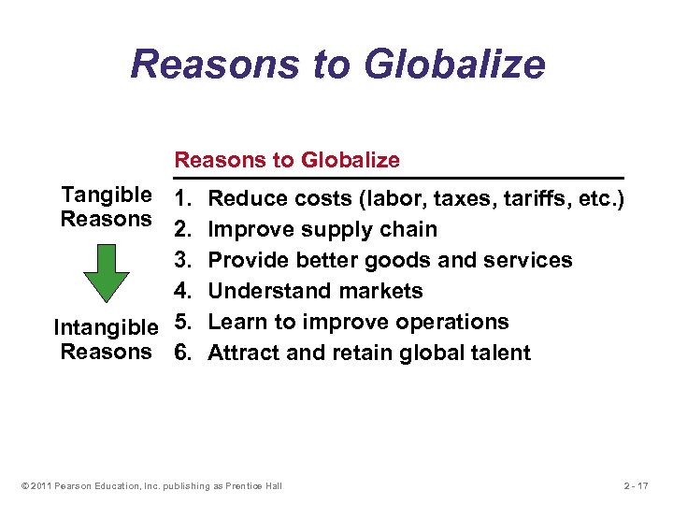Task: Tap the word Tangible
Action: point(106,195)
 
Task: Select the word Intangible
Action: point(106,328)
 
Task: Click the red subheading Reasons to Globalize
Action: point(287,160)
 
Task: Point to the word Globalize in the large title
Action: point(455,64)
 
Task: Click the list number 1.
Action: point(182,198)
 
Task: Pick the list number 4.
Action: point(183,291)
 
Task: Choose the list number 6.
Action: point(183,353)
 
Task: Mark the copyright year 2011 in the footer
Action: point(38,485)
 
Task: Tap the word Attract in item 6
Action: point(241,353)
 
